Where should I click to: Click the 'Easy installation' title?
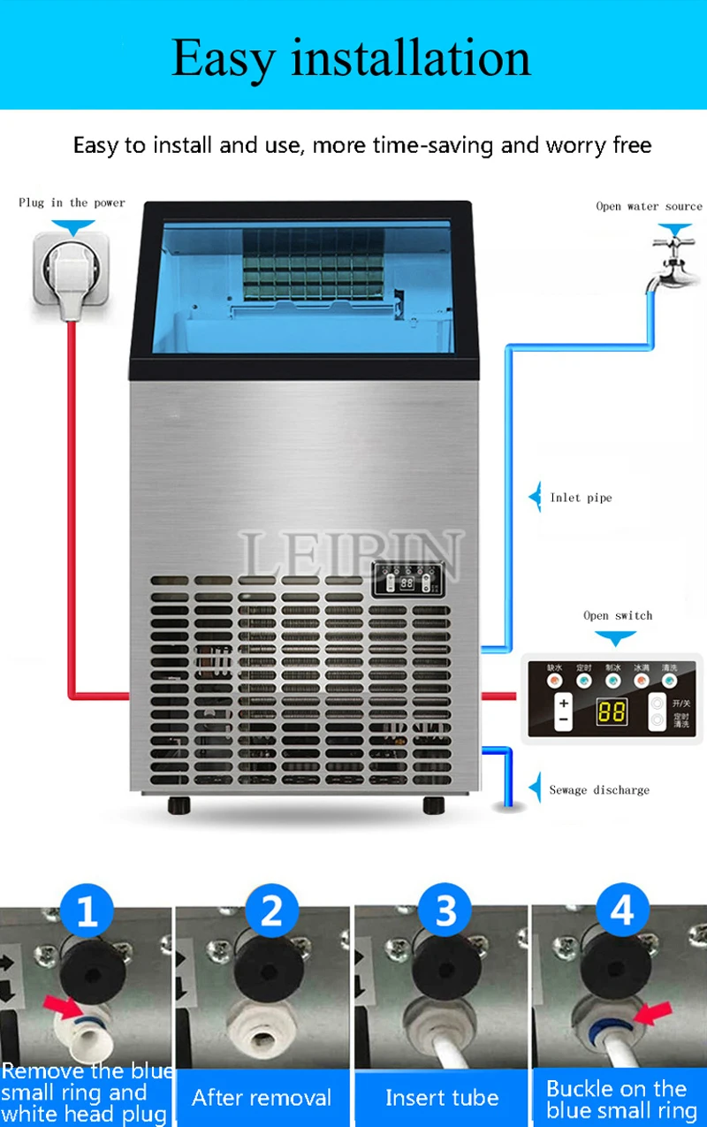(351, 57)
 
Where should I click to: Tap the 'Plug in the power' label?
(72, 202)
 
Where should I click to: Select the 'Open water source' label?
(649, 206)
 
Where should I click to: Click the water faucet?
(672, 262)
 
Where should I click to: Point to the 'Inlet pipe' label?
(581, 498)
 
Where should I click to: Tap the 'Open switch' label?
(618, 615)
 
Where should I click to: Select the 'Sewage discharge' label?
(599, 789)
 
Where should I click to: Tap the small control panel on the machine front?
(406, 583)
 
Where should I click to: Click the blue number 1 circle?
(87, 910)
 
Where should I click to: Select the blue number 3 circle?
(445, 910)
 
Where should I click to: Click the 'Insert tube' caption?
(442, 1099)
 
